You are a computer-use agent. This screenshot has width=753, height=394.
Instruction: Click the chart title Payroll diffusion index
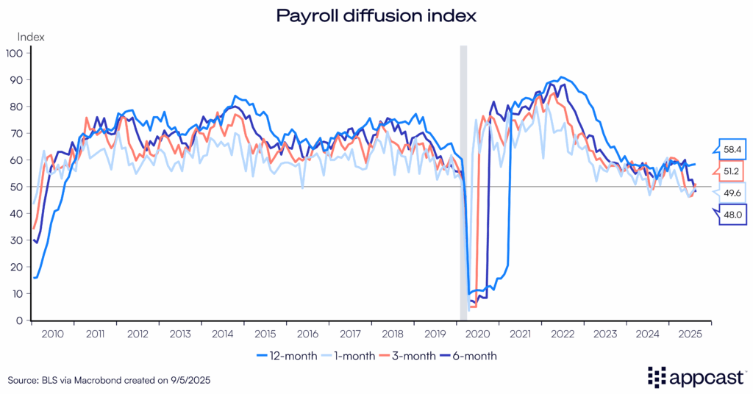click(x=376, y=15)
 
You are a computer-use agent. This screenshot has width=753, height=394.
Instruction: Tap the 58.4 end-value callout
click(x=732, y=149)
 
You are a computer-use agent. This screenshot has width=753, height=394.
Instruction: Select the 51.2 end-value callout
click(x=732, y=171)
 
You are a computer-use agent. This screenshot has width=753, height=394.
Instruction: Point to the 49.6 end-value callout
click(x=732, y=193)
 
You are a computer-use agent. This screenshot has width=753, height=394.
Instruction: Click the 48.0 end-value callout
click(x=732, y=215)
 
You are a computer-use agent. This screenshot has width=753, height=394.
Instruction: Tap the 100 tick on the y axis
click(x=15, y=53)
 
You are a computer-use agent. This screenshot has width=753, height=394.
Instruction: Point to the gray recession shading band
click(x=463, y=184)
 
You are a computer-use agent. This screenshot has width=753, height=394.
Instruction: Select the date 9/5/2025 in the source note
click(x=199, y=380)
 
